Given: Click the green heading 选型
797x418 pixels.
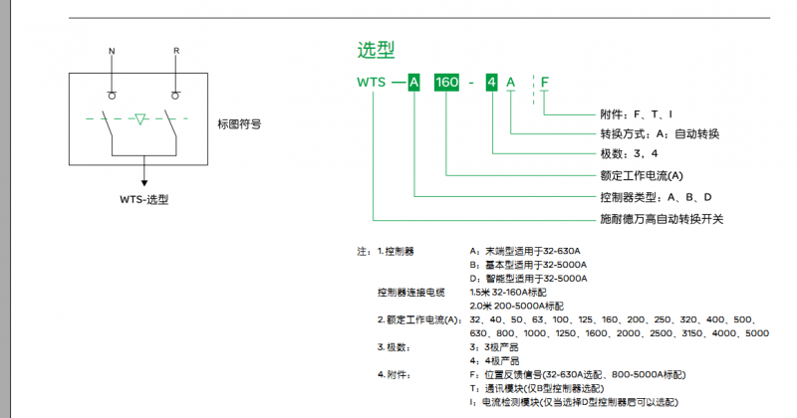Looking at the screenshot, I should point(376,50).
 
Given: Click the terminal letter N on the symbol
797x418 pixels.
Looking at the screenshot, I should point(112,51).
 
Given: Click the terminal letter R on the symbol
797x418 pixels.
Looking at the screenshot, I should point(175,51).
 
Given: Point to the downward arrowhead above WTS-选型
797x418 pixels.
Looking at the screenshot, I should point(145,181).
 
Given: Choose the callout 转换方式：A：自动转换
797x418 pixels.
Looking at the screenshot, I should point(660,134).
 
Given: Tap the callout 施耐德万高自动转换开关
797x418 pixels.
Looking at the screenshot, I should point(661,218).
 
